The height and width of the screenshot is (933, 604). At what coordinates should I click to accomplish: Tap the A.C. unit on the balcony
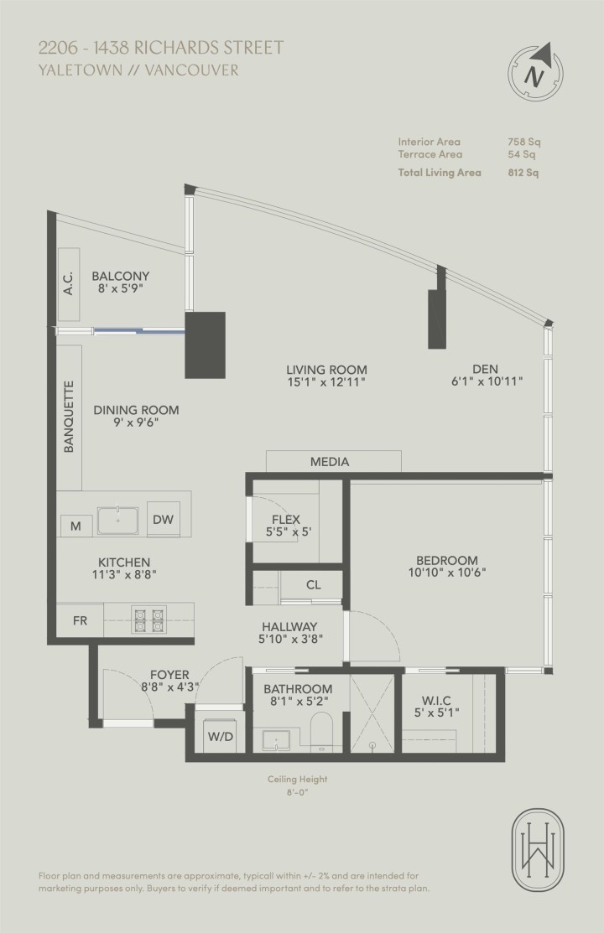(x=69, y=284)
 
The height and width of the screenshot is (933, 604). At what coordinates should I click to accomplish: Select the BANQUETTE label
(x=70, y=417)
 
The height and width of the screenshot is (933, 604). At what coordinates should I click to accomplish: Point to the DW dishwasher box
(x=163, y=520)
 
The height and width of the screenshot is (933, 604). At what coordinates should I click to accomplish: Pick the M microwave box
(x=75, y=526)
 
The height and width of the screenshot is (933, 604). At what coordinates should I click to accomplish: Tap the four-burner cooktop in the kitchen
(x=148, y=619)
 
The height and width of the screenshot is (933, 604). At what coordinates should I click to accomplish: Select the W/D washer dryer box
(x=221, y=737)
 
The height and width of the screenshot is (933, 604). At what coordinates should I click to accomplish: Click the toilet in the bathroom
(x=322, y=733)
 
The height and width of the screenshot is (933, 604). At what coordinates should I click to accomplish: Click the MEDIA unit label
(x=330, y=462)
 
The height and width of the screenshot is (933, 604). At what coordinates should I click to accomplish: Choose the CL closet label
(x=313, y=585)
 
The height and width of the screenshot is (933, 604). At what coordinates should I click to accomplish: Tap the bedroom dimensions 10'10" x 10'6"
(x=447, y=573)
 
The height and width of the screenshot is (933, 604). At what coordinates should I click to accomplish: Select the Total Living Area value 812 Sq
(x=523, y=173)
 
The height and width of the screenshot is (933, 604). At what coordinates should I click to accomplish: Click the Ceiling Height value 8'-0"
(x=298, y=793)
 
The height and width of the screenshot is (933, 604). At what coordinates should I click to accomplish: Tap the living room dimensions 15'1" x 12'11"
(x=326, y=381)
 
